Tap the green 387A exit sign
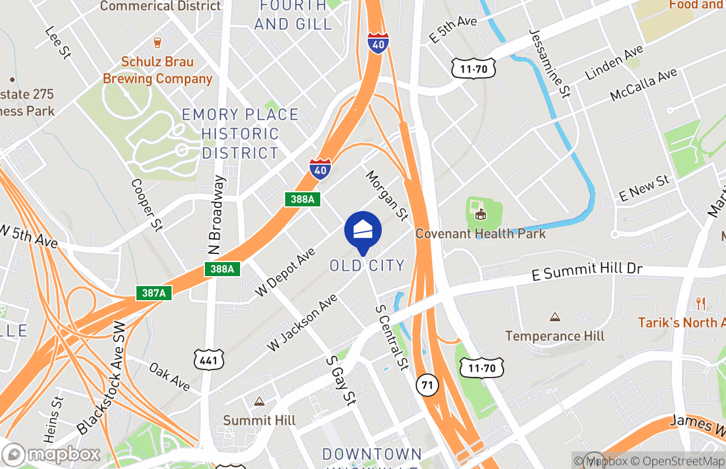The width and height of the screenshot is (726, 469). pos(154,293)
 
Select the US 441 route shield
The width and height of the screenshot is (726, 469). pos(209,359)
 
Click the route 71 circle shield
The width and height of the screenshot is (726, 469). pos(427,385)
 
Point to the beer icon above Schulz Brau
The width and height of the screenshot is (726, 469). pos(157,42)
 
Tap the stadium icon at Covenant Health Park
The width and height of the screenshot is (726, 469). pos(481,215)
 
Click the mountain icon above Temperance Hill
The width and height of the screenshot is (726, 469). pos(554,317)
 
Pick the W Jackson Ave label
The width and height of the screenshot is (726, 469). pos(302,323)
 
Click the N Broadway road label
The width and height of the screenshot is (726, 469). pos(216,216)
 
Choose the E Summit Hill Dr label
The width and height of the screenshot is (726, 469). pos(587,271)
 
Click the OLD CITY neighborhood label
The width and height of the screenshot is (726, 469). pos(367,266)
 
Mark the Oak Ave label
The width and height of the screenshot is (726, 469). pos(169,377)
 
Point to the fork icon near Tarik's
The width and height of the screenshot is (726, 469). pos(700,303)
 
